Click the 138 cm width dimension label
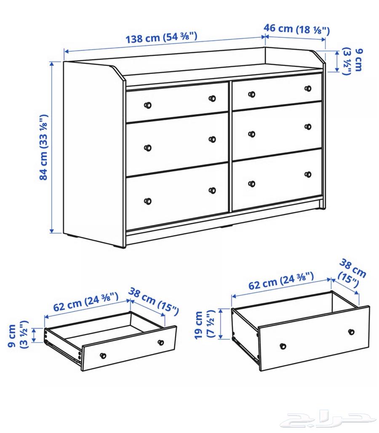point(162,37)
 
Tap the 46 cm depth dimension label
point(296,29)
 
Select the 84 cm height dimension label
point(43,147)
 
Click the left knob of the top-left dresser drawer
point(148,105)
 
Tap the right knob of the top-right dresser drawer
point(308,89)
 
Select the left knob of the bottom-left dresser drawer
point(148,201)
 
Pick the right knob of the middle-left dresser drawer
point(213,139)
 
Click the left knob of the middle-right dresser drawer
point(252,134)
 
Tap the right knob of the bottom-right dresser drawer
point(308,174)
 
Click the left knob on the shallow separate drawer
point(103,356)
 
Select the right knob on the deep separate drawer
point(351,332)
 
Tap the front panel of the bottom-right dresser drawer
point(277,180)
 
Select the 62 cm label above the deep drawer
point(281,280)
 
